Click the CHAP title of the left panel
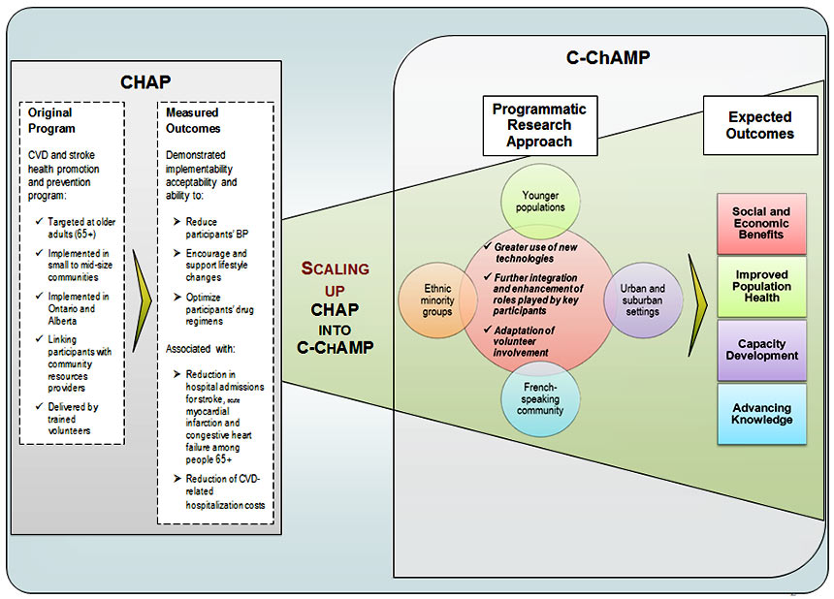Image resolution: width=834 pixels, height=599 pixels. [x=145, y=82]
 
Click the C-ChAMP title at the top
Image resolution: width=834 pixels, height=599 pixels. [x=608, y=58]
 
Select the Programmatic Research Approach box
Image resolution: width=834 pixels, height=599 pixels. [x=540, y=125]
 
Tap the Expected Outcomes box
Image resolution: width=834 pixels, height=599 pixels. [x=760, y=125]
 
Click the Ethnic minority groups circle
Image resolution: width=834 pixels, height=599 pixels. [x=437, y=299]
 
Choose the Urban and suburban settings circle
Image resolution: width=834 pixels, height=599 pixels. [x=643, y=299]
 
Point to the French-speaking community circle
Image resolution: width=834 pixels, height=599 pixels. [x=540, y=403]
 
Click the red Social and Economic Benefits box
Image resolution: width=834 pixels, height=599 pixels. [x=761, y=223]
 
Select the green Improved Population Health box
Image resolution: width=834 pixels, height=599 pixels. [x=761, y=286]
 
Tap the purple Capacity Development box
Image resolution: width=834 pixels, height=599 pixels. [x=761, y=350]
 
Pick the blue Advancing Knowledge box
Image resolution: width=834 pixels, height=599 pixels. [x=761, y=414]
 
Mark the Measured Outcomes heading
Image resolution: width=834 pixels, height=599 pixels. [x=194, y=120]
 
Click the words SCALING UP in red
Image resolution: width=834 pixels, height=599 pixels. [x=335, y=278]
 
